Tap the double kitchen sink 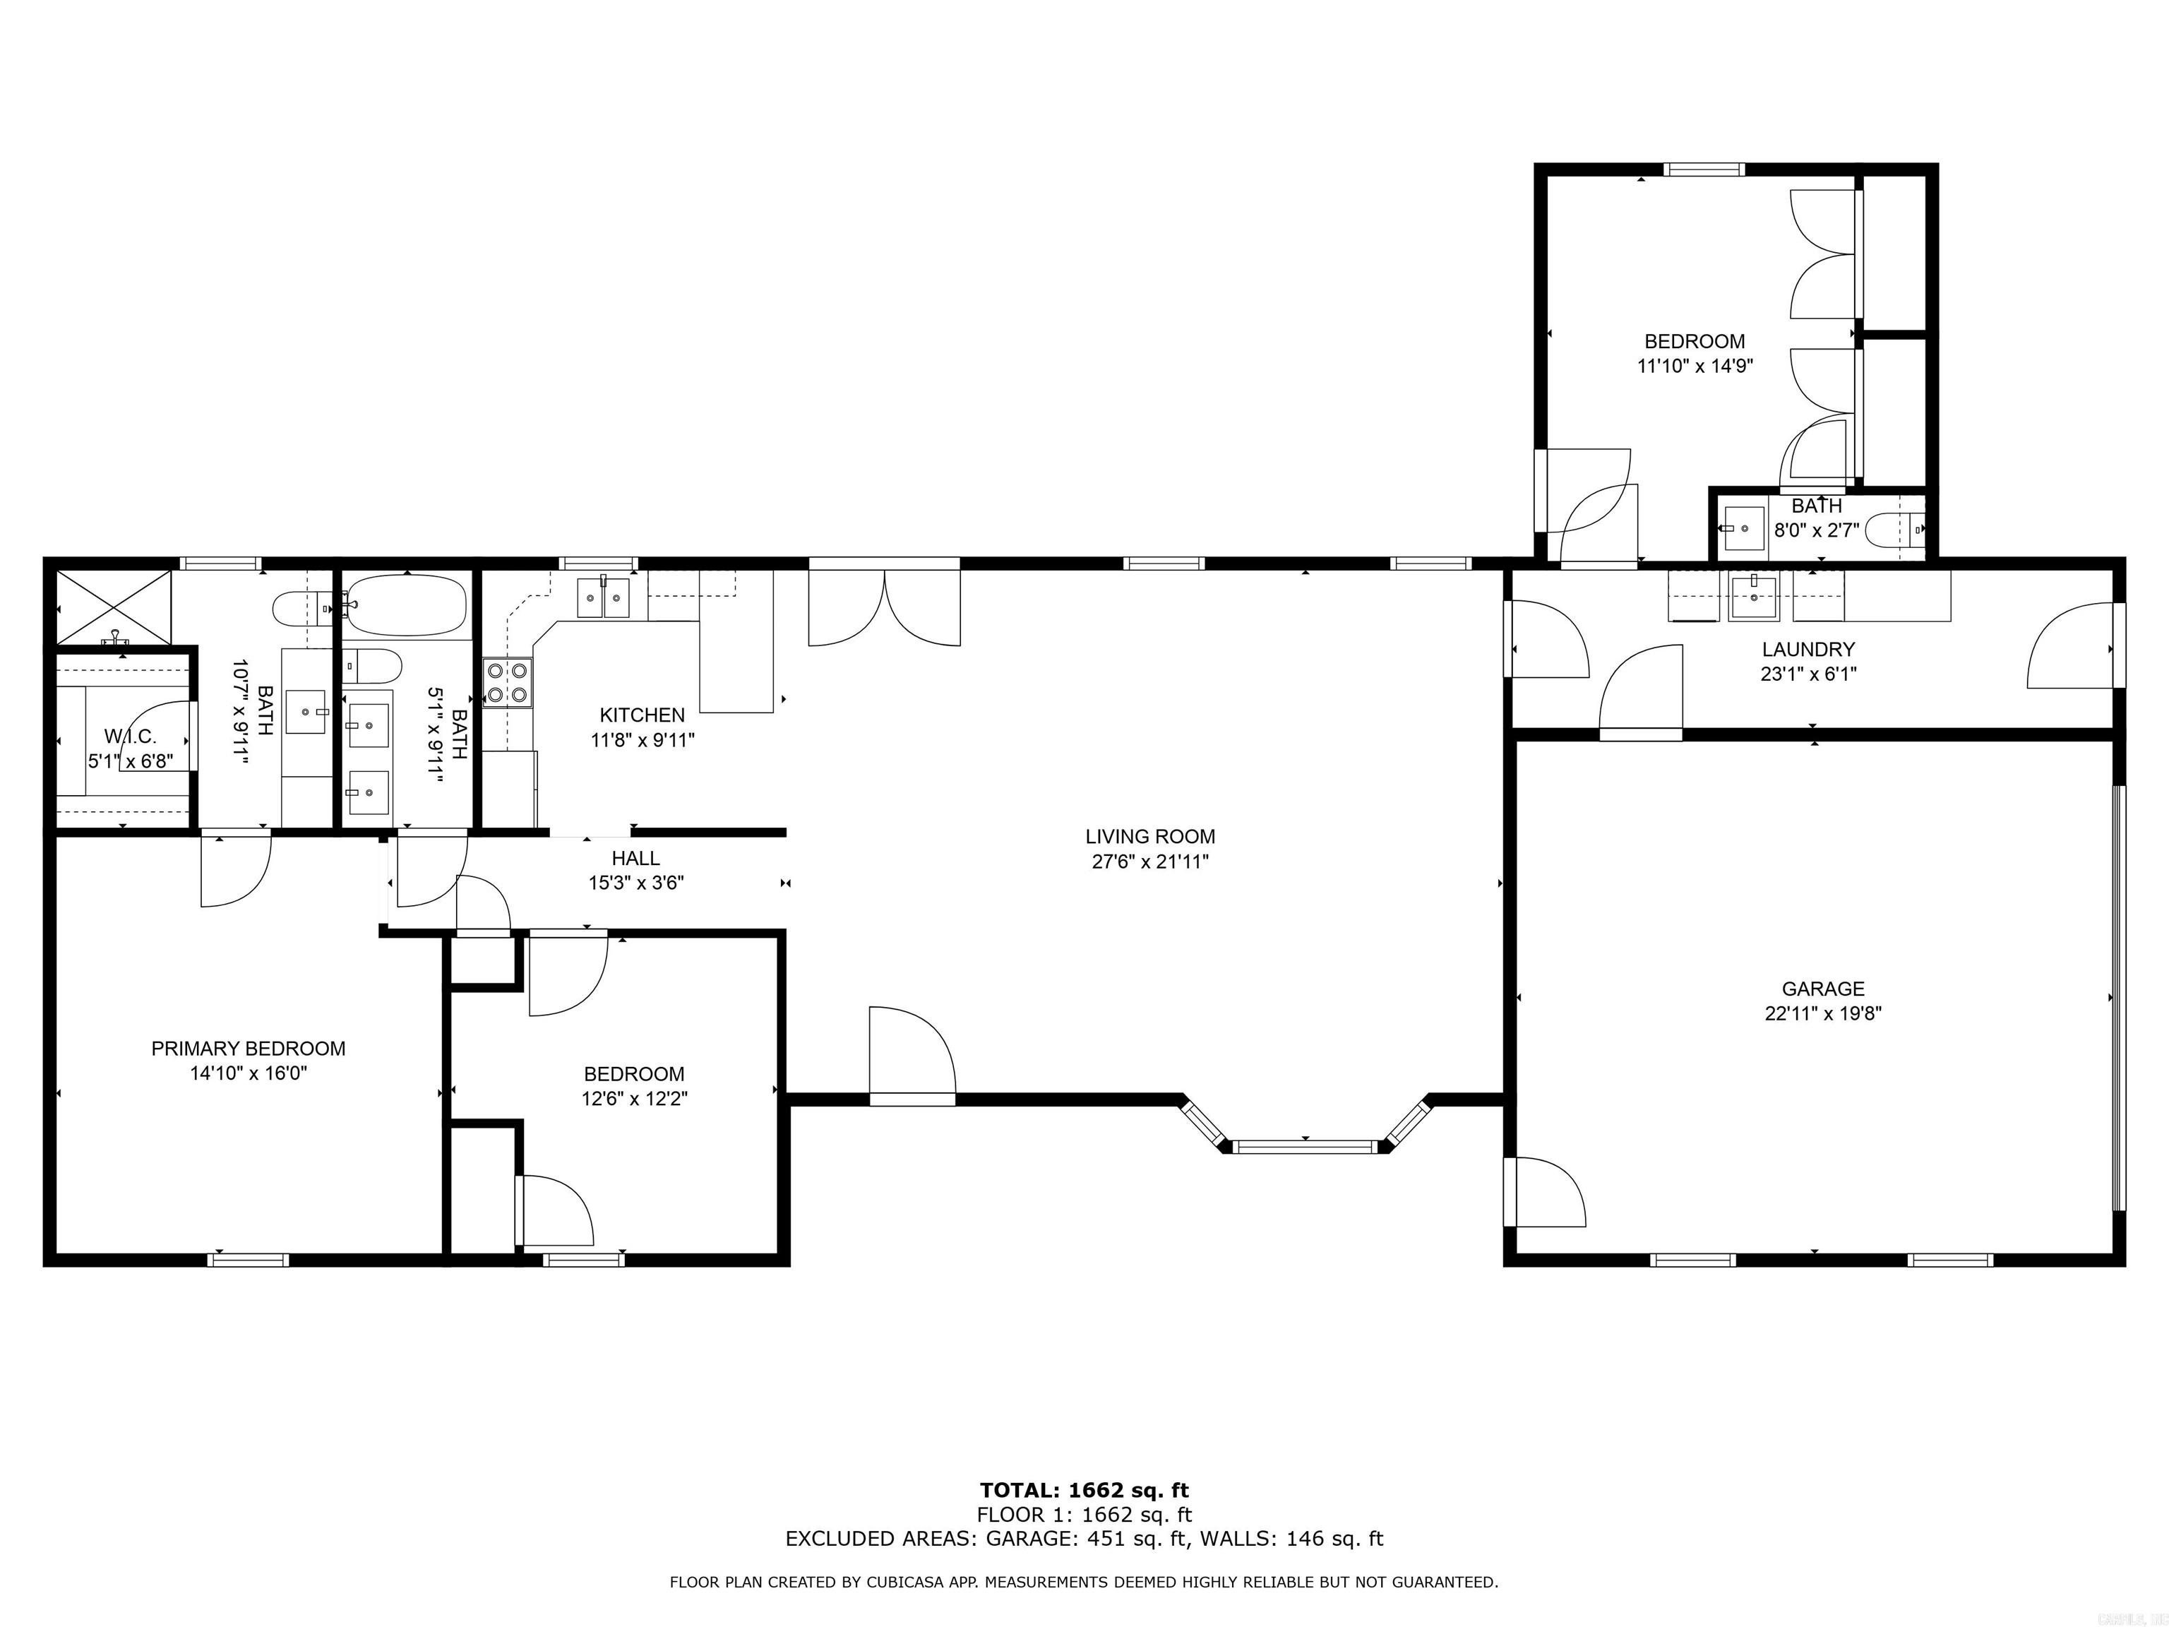pos(602,597)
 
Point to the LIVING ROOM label pos(1149,837)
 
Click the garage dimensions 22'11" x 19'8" pos(1823,1014)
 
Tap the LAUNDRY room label pos(1808,649)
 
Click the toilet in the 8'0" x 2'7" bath pos(1894,530)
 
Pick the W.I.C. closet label pos(131,737)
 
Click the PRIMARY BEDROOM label pos(248,1049)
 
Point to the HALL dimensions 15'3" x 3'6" pos(635,883)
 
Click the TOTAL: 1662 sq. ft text pos(1084,1491)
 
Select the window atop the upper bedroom pos(1705,169)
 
